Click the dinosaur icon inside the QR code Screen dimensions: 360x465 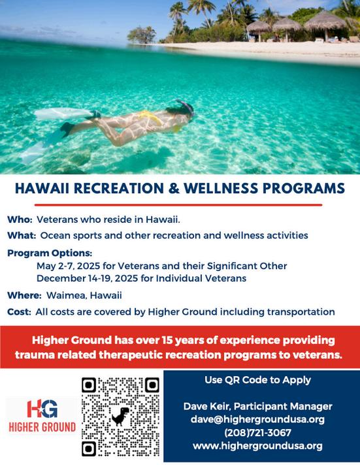coord(120,417)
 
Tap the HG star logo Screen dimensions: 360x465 coord(42,408)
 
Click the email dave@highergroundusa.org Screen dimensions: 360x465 coord(257,419)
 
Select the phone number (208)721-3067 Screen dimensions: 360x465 coord(257,433)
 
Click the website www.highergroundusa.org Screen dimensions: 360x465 coord(257,445)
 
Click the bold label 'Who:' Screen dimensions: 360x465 coord(20,219)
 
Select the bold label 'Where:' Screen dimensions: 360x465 coord(24,295)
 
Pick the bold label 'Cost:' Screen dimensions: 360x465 coord(19,312)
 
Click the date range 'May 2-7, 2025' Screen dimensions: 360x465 coord(68,266)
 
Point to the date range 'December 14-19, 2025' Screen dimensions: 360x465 coord(88,278)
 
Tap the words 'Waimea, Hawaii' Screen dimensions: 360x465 coord(84,296)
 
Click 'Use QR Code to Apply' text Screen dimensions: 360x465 coord(257,380)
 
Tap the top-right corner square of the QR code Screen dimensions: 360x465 coord(152,385)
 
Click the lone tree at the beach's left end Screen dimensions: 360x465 coord(142,35)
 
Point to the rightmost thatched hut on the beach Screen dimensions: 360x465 coord(325,25)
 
